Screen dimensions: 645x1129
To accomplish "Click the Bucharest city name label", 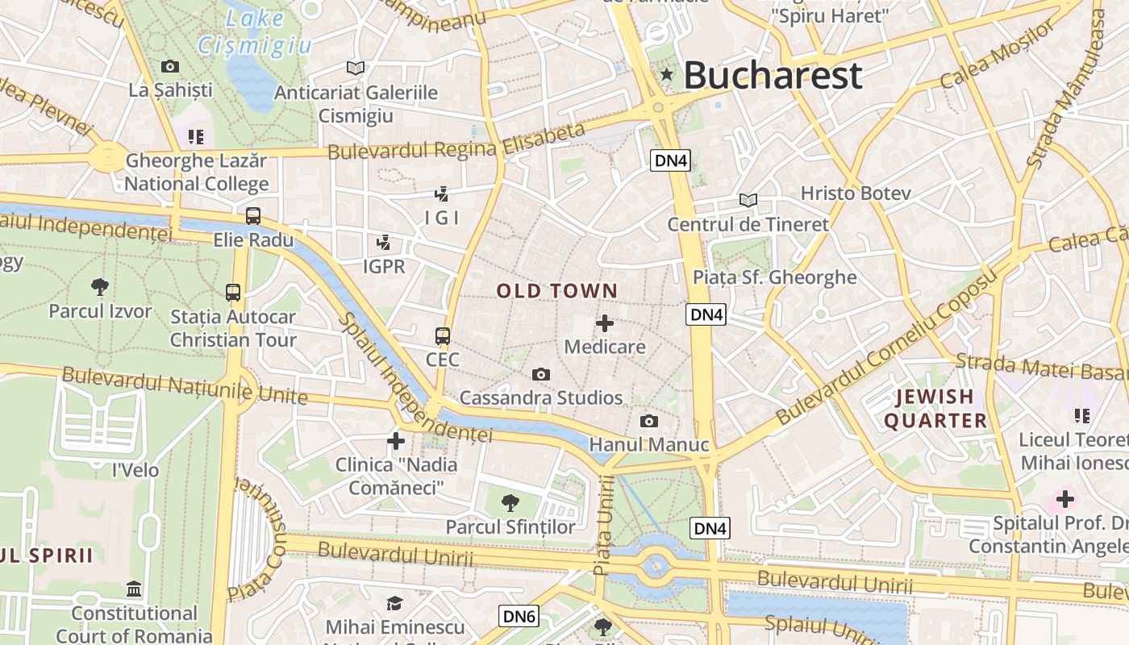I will (773, 76).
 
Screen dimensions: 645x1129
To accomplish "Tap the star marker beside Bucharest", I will (667, 75).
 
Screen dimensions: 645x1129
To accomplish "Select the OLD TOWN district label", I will (557, 291).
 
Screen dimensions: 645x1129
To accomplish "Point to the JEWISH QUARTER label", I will (935, 409).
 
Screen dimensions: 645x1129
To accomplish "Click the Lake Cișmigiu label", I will (255, 31).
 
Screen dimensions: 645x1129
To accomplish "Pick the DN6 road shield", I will (519, 617).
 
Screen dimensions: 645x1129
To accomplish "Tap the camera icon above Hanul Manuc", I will (648, 421).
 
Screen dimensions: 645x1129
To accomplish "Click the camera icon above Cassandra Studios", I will (540, 374).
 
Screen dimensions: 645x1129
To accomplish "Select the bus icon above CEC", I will (443, 335).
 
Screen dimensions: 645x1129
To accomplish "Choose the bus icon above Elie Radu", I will (253, 216).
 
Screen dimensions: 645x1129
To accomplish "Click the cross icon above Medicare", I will (604, 324).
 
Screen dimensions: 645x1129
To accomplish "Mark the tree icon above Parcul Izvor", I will (100, 287).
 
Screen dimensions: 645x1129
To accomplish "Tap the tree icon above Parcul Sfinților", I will (510, 503).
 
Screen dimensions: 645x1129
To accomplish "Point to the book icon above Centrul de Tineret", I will (748, 200).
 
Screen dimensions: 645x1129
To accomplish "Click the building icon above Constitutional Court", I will (134, 589).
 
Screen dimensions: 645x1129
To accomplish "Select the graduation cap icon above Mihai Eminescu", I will (394, 603).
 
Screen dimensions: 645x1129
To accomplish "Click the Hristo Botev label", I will (856, 193).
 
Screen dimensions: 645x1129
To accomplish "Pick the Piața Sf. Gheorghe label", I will (774, 277).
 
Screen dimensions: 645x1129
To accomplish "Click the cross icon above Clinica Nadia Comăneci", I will (396, 441).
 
